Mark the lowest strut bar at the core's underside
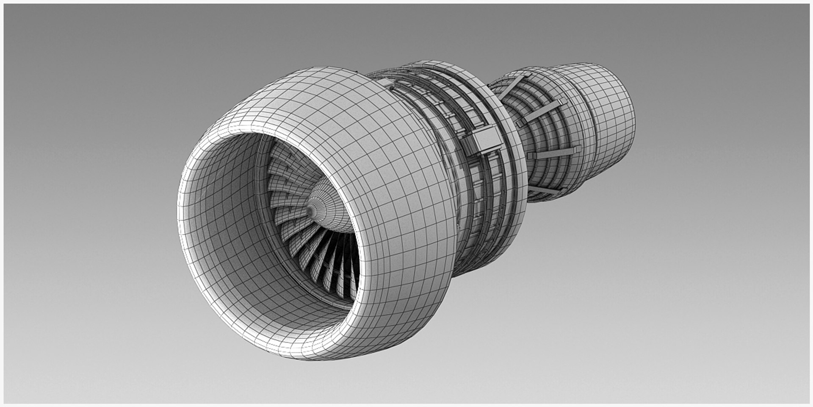tap(546, 190)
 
